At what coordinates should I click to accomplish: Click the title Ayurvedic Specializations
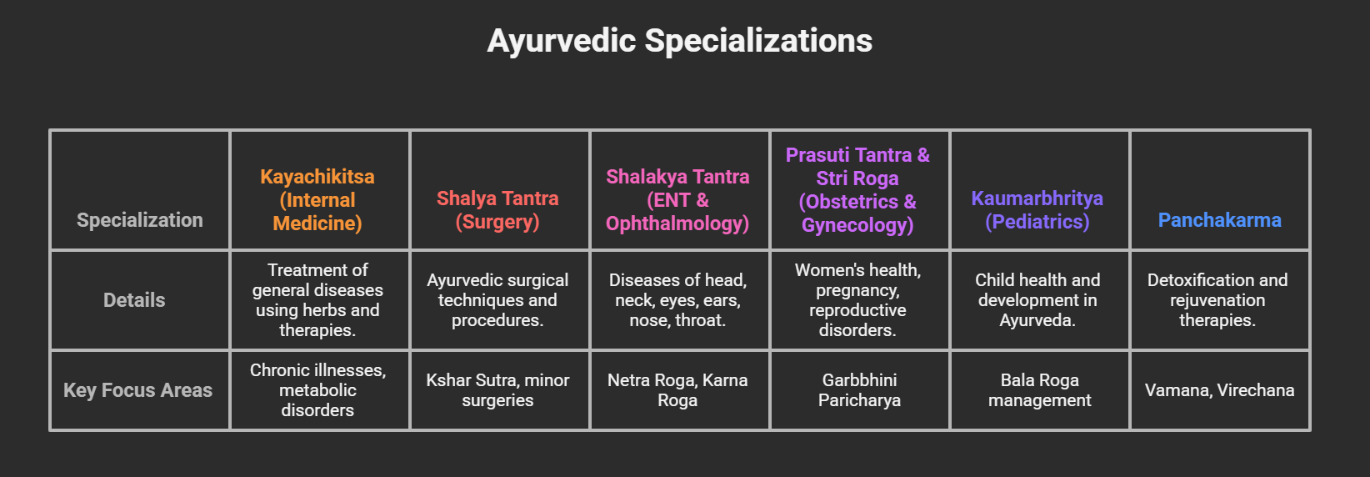pyautogui.click(x=679, y=41)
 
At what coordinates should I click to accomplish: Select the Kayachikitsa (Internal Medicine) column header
pyautogui.click(x=317, y=200)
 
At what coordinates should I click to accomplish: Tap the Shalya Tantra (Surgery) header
pyautogui.click(x=497, y=210)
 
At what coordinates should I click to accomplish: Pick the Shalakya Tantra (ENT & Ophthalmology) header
pyautogui.click(x=677, y=200)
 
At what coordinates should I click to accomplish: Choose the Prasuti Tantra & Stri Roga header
pyautogui.click(x=857, y=190)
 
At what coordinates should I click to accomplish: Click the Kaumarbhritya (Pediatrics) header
pyautogui.click(x=1037, y=210)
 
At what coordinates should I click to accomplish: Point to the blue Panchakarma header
pyautogui.click(x=1219, y=220)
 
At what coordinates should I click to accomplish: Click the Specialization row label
pyautogui.click(x=140, y=220)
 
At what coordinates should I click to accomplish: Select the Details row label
pyautogui.click(x=134, y=300)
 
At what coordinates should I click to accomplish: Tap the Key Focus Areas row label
pyautogui.click(x=138, y=390)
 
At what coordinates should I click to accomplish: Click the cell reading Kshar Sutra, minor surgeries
pyautogui.click(x=497, y=390)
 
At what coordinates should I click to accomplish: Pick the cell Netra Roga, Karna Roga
pyautogui.click(x=677, y=390)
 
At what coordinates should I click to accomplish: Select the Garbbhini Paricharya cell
pyautogui.click(x=859, y=390)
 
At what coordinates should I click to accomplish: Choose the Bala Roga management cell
pyautogui.click(x=1039, y=390)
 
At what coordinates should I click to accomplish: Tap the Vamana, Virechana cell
pyautogui.click(x=1219, y=390)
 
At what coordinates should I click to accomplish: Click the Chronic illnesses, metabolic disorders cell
pyautogui.click(x=317, y=390)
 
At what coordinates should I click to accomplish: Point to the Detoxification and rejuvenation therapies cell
pyautogui.click(x=1217, y=300)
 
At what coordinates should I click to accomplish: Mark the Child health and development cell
pyautogui.click(x=1037, y=300)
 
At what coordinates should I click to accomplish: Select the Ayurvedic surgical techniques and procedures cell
pyautogui.click(x=497, y=300)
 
